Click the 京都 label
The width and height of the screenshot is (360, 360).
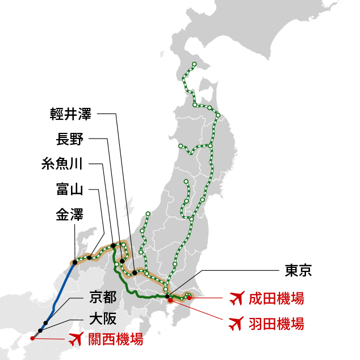tap(103, 297)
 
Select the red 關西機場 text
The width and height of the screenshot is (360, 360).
tap(115, 340)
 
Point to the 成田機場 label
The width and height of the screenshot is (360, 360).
tap(276, 298)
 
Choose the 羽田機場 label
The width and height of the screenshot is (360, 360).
tap(276, 324)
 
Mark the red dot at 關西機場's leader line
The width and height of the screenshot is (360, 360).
tap(32, 338)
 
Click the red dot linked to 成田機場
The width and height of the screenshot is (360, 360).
tap(189, 298)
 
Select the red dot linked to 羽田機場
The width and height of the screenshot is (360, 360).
tap(170, 300)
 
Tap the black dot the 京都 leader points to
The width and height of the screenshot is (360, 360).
tap(45, 323)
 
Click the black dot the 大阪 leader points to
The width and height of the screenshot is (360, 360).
tap(40, 330)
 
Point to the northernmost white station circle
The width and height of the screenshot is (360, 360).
tap(194, 64)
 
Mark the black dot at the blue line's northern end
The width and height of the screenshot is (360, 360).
tap(74, 262)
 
